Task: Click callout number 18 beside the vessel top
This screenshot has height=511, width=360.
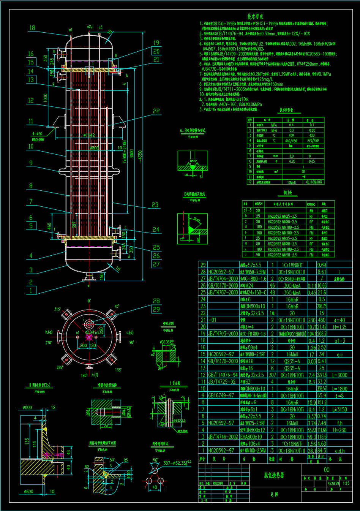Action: (x=32, y=28)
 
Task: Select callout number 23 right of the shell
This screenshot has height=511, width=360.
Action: (x=155, y=205)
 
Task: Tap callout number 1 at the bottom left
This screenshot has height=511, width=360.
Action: (x=31, y=291)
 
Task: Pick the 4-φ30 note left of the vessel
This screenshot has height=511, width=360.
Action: (x=38, y=134)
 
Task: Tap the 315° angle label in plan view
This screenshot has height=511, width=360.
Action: (x=57, y=309)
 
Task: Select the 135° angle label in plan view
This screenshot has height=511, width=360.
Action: (x=118, y=369)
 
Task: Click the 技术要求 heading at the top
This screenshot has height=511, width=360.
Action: (x=255, y=17)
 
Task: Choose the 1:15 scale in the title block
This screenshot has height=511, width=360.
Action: (x=346, y=484)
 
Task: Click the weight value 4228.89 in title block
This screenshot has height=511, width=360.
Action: (x=333, y=484)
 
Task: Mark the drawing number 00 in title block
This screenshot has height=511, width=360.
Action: (x=326, y=470)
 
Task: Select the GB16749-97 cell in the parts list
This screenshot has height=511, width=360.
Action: (x=221, y=396)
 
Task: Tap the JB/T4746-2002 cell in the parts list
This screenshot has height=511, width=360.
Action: (x=223, y=437)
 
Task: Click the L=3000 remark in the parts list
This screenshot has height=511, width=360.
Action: (x=339, y=375)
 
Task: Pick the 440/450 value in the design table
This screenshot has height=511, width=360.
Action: (x=291, y=141)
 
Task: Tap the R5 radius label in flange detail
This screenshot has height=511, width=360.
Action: (x=126, y=460)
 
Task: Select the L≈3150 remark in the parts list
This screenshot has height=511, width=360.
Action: (x=339, y=410)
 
